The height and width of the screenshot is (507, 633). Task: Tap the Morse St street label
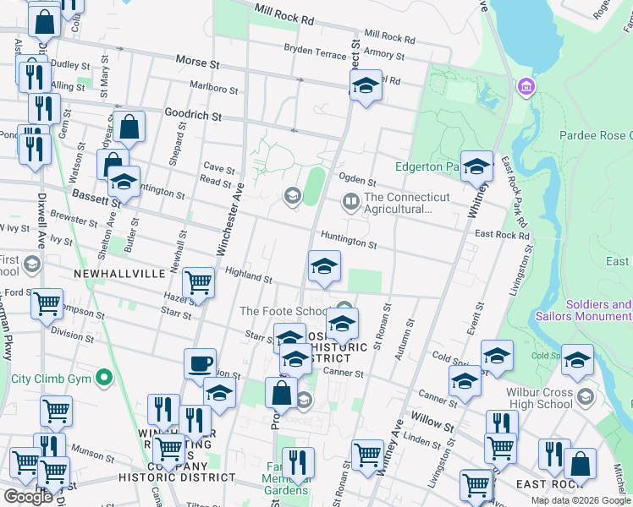[x=197, y=62]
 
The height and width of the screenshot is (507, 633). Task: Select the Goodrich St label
[x=193, y=115]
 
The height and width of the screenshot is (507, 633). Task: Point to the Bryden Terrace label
[x=316, y=51]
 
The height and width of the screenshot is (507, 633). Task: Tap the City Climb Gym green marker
[x=105, y=377]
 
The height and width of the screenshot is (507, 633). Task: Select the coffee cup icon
[x=201, y=363]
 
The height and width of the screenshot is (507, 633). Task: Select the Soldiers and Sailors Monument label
[x=584, y=310]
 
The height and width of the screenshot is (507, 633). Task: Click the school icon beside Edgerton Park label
[x=476, y=166]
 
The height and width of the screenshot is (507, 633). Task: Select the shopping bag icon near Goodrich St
[x=130, y=127]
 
